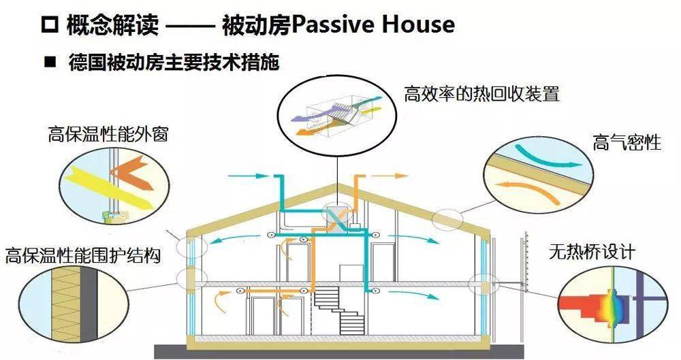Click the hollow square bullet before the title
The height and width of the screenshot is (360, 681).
48,27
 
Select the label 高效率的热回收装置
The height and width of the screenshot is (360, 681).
481,93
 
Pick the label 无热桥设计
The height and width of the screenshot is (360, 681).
592,252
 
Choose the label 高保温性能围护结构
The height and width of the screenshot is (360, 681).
82,256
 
